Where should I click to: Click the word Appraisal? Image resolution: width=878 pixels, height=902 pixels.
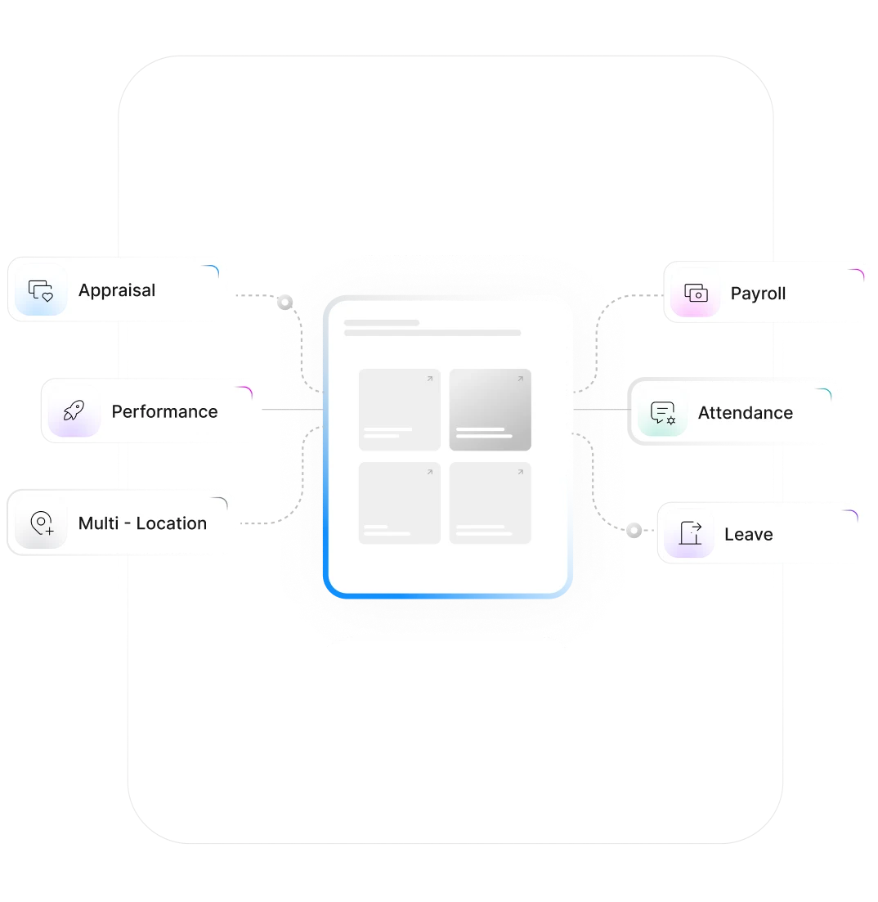point(117,290)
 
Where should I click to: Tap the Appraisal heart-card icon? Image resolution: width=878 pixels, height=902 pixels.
point(41,290)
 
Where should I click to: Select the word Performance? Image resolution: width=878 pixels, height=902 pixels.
point(164,411)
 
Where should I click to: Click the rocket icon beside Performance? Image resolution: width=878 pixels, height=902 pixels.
point(74,411)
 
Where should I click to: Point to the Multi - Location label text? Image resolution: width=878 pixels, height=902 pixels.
point(142,523)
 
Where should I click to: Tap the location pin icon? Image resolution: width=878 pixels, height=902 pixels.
point(41,523)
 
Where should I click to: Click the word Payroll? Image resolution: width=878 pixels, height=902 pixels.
point(758,294)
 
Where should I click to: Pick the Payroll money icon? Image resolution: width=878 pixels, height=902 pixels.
point(696,294)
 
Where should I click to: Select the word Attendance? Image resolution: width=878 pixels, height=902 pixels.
point(745,413)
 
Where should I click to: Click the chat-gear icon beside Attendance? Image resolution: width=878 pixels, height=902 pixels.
point(663,414)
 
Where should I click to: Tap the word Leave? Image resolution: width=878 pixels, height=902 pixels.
point(748,535)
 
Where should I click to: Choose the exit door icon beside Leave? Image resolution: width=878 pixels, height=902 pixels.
point(691,535)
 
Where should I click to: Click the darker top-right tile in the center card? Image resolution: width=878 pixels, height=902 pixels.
point(490,410)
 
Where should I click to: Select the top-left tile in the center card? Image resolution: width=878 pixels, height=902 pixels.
point(399,410)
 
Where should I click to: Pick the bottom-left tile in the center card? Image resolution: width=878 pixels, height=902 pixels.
point(399,503)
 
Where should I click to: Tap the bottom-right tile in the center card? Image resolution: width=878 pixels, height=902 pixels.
point(490,503)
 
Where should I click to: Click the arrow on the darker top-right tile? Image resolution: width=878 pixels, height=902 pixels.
point(520,379)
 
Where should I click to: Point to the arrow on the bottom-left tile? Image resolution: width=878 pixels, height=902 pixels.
point(429,473)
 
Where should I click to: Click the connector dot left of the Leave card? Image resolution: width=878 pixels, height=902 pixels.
point(634,530)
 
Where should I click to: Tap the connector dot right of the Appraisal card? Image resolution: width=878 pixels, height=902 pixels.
point(284,302)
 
